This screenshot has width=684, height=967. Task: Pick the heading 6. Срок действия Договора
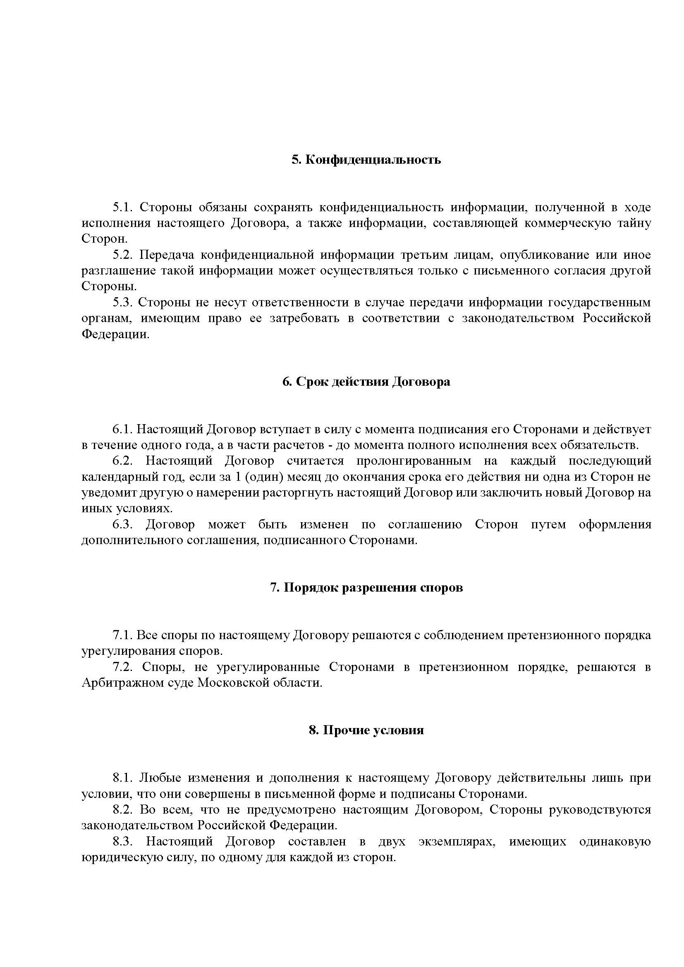pyautogui.click(x=366, y=382)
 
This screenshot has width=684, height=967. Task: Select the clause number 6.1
pyautogui.click(x=122, y=430)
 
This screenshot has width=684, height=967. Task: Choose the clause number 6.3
pyautogui.click(x=122, y=525)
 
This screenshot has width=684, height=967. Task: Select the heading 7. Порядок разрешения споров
pyautogui.click(x=366, y=588)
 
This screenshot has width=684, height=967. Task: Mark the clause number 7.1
pyautogui.click(x=122, y=635)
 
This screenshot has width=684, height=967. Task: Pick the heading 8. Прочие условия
pyautogui.click(x=366, y=730)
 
